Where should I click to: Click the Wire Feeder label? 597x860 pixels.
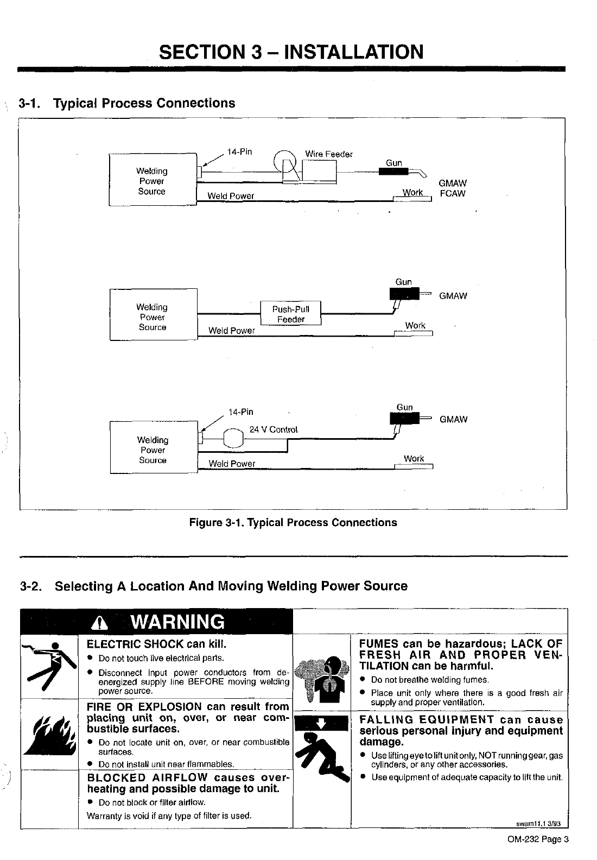click(328, 154)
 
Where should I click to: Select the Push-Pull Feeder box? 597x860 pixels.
click(291, 314)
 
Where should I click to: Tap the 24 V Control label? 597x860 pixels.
click(273, 430)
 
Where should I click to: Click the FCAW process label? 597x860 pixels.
click(453, 194)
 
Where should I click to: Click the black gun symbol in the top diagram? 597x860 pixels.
click(393, 172)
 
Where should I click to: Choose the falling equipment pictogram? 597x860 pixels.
click(323, 748)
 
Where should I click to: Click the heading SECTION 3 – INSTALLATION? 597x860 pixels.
click(291, 52)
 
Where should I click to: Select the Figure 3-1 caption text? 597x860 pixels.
click(293, 523)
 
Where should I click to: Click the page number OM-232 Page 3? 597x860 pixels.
click(538, 839)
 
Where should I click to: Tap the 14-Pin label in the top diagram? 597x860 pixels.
click(239, 151)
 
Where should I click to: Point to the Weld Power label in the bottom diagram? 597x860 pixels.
click(232, 464)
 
